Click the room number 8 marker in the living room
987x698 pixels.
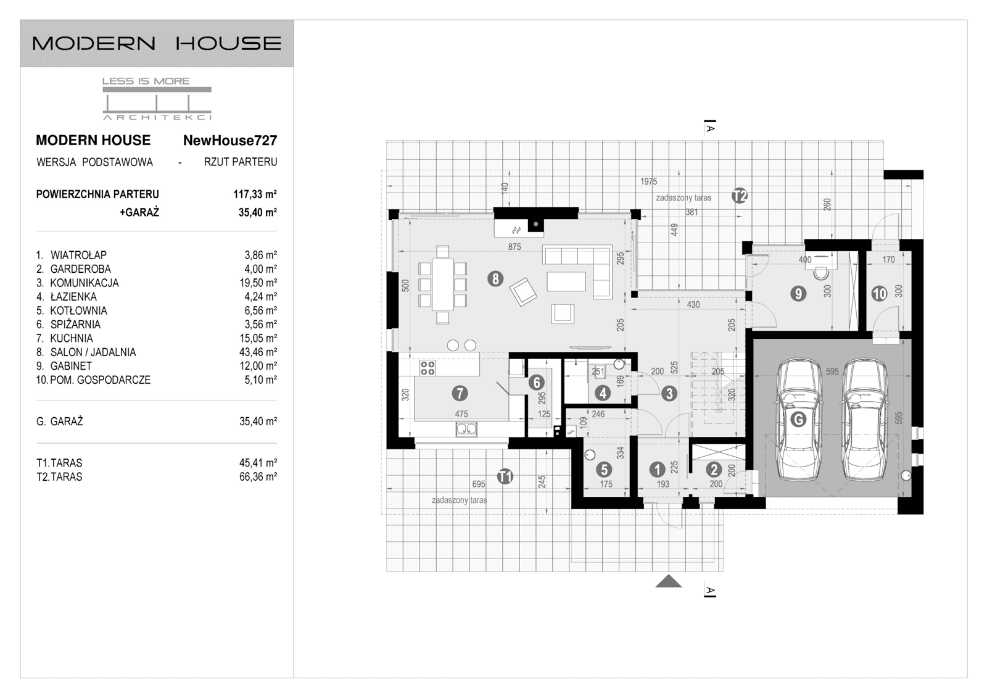coord(495,279)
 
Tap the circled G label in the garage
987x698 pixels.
coord(798,420)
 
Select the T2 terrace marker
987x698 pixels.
coord(740,196)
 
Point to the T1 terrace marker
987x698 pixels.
coord(505,476)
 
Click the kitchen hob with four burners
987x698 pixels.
coord(427,368)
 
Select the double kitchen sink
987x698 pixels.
coord(466,429)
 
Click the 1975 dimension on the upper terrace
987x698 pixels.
coord(648,181)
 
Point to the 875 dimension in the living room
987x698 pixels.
coord(514,247)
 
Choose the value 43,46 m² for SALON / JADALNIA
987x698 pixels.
coord(258,352)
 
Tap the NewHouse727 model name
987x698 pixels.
coord(230,141)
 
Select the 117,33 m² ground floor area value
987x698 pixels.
coord(255,194)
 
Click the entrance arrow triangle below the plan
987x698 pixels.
coord(668,581)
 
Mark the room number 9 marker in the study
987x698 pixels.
coord(798,294)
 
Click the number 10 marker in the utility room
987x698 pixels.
coord(879,294)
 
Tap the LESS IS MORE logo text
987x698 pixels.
coord(146,81)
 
